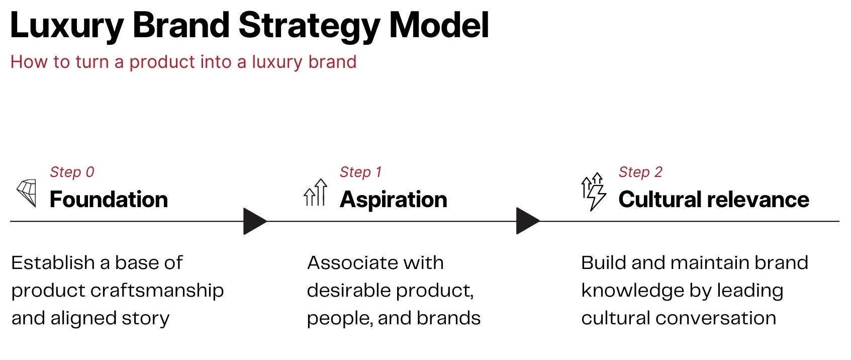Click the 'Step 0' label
pyautogui.click(x=72, y=172)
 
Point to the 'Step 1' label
pyautogui.click(x=360, y=172)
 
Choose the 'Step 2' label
pyautogui.click(x=640, y=172)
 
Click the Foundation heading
pyautogui.click(x=109, y=200)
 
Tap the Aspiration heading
pyautogui.click(x=393, y=200)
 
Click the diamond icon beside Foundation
pyautogui.click(x=27, y=193)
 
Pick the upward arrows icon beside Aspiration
pyautogui.click(x=315, y=193)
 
